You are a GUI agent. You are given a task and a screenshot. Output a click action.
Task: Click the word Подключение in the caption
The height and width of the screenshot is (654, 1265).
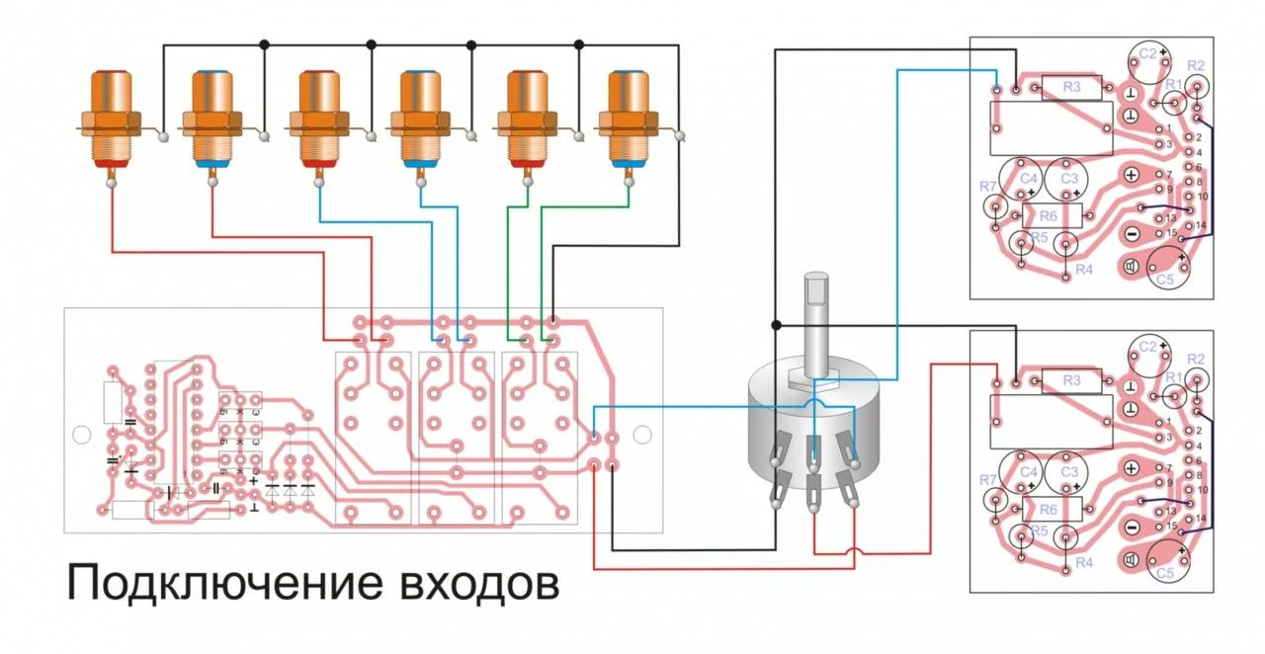[x=222, y=584]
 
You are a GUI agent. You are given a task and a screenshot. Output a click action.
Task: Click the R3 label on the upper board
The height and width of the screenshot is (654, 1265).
[x=1072, y=88]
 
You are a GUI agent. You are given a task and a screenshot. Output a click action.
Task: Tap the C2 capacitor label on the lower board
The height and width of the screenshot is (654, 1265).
[x=1147, y=347]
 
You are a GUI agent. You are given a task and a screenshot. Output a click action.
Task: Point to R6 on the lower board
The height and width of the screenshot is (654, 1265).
[x=1050, y=509]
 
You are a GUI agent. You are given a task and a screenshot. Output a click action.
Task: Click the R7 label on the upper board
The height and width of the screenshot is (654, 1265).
[x=988, y=187]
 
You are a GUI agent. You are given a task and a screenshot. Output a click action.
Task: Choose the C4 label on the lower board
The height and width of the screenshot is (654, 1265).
[x=1029, y=472]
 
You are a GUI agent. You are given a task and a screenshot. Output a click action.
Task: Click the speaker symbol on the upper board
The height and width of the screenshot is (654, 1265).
[x=1132, y=265]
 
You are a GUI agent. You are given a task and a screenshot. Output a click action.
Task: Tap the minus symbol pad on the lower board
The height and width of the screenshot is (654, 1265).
[x=1132, y=528]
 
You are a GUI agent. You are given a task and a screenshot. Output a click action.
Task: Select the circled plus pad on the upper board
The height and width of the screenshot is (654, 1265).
[x=1132, y=175]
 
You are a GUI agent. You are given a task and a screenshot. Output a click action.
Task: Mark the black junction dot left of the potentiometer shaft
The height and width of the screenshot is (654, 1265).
[x=777, y=324]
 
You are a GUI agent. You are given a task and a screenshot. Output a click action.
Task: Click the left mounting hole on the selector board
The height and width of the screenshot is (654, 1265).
[x=83, y=435]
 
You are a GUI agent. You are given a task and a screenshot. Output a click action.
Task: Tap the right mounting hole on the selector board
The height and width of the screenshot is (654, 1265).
[x=642, y=435]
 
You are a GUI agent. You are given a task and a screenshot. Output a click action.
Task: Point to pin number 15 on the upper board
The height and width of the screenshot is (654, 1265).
[x=1171, y=233]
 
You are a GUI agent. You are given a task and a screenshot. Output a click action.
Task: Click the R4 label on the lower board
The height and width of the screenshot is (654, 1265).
[x=1084, y=562]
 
